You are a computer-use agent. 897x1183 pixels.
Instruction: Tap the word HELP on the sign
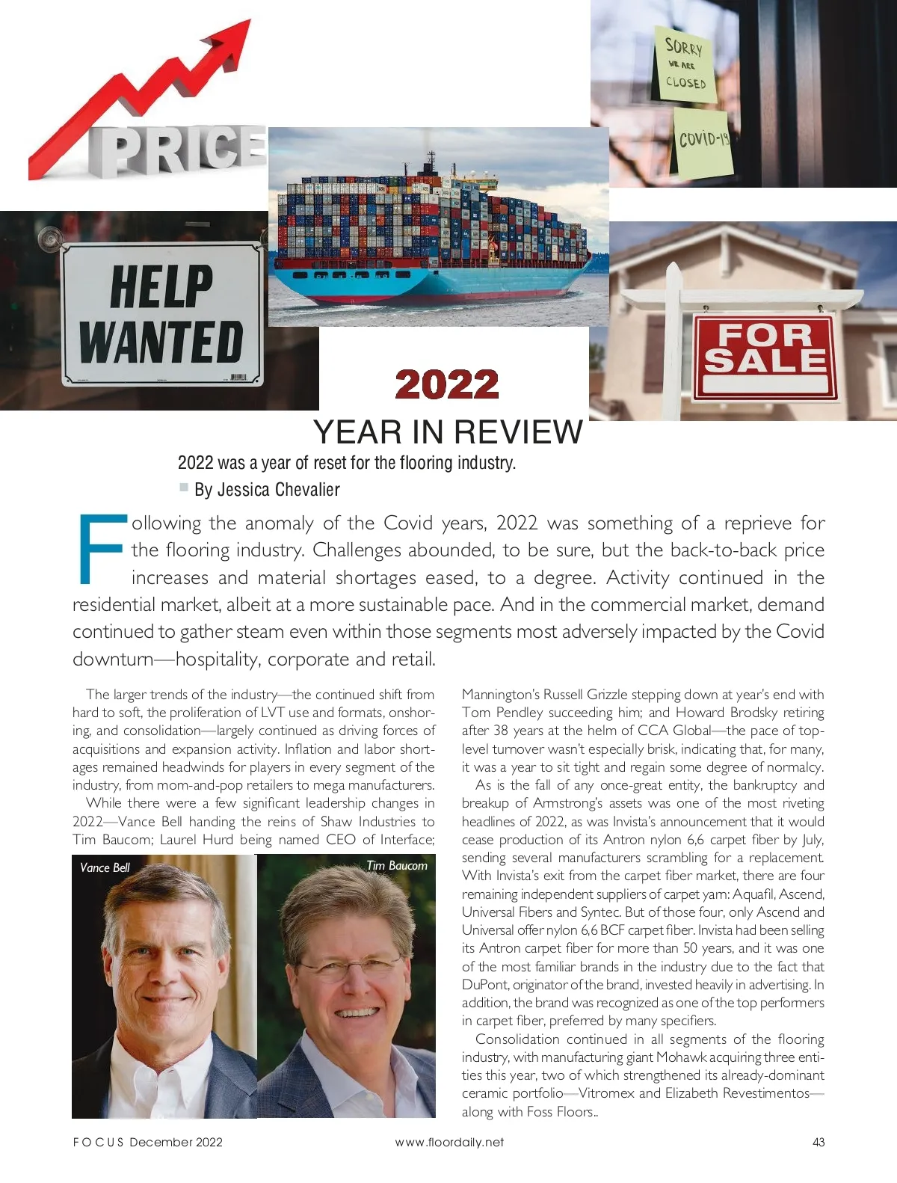161,286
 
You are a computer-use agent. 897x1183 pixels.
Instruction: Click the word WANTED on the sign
161,342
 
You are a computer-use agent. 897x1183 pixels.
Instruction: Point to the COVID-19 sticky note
703,141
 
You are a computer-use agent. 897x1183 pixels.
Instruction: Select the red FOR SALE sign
763,355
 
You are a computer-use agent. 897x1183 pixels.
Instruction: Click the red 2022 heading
447,385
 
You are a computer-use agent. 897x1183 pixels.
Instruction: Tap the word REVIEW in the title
517,432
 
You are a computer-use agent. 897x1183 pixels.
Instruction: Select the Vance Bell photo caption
105,867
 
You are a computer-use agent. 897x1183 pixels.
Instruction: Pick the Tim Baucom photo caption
396,865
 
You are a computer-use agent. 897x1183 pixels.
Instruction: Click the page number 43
818,1142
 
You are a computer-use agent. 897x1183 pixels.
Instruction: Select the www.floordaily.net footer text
449,1142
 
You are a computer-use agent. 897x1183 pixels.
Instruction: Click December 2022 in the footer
176,1142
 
